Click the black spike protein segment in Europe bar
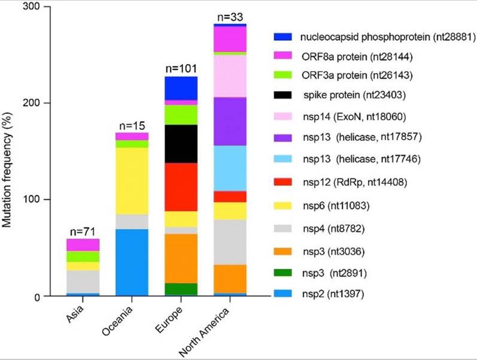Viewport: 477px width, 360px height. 180,143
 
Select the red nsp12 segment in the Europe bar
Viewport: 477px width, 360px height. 180,187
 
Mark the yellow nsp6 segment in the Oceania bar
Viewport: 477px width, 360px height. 132,180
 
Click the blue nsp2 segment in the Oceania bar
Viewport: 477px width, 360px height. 132,262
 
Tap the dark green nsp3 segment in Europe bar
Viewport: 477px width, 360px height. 180,289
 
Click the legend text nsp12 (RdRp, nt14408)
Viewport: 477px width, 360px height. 356,181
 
